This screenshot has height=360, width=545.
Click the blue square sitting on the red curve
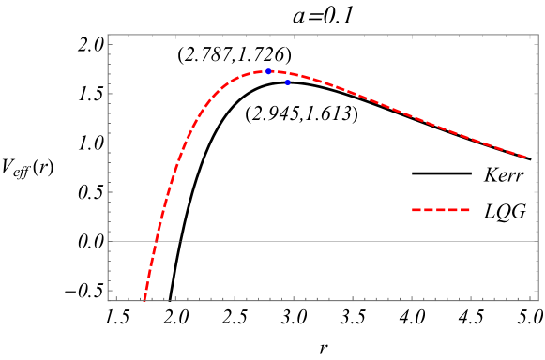coord(268,71)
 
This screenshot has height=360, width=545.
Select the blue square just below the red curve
coord(287,82)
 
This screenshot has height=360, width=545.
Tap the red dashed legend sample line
coord(441,209)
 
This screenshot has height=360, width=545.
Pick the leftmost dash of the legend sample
coord(416,209)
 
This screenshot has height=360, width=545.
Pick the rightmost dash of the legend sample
coord(465,209)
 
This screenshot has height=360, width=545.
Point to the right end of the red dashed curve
coord(526,157)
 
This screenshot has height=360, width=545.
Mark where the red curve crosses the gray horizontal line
coord(156,241)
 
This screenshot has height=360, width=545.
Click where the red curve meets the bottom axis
coord(144,300)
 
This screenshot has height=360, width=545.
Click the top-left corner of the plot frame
coord(108,35)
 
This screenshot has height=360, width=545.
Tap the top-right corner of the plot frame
coord(538,35)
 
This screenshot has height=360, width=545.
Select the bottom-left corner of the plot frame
coord(108,301)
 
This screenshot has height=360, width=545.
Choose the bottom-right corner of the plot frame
coord(538,301)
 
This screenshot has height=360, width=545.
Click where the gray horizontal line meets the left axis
coord(108,241)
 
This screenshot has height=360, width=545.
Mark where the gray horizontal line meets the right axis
coord(538,241)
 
